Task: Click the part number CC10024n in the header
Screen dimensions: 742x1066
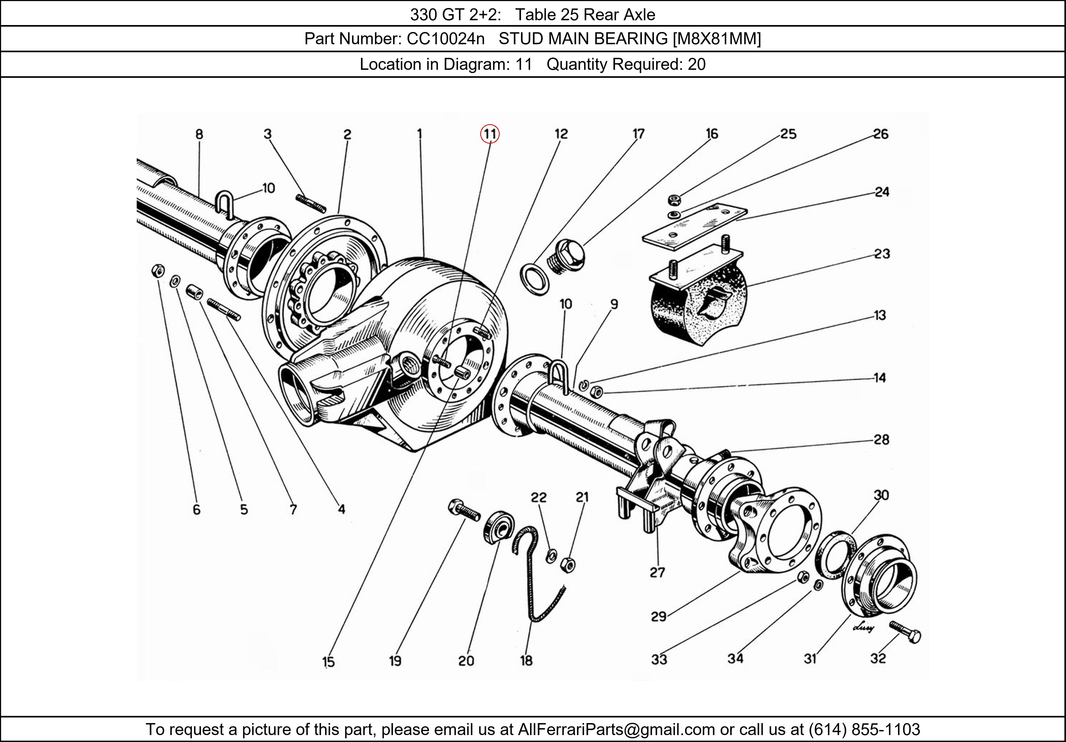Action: tap(445, 39)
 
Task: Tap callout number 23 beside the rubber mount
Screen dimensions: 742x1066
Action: tap(882, 254)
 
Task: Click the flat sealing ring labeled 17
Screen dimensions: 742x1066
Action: tap(535, 279)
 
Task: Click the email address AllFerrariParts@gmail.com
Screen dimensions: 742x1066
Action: tap(616, 729)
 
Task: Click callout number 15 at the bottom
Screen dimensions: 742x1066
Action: tap(328, 662)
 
